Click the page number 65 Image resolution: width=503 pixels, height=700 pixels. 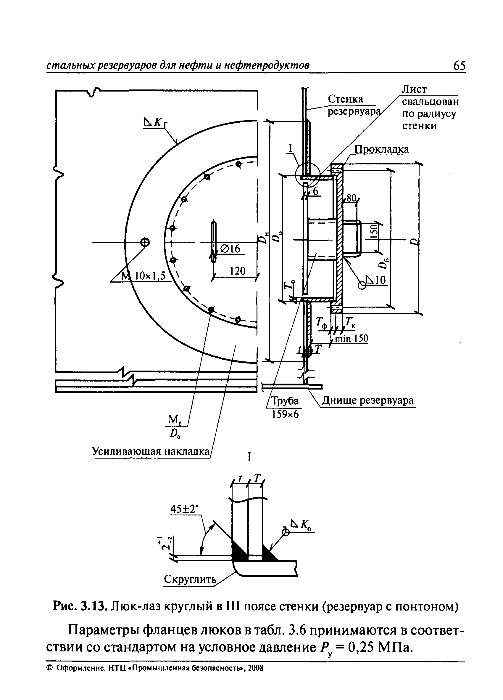459,66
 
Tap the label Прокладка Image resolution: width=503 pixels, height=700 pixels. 382,149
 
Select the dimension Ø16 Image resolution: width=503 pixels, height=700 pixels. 230,249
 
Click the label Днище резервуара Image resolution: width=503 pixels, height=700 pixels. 368,401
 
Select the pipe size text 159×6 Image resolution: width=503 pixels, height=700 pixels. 285,414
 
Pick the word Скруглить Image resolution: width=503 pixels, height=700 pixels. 190,579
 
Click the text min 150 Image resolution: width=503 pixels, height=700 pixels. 352,339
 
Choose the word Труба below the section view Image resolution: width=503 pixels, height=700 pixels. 285,401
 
